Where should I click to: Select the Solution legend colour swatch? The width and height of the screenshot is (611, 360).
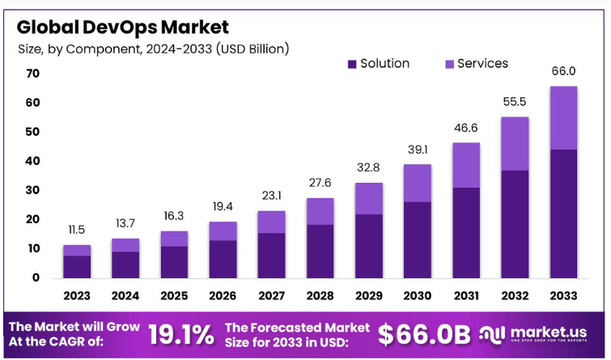352,64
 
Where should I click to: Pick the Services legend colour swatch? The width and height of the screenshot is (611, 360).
449,64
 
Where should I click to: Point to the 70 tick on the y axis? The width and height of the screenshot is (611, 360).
32,74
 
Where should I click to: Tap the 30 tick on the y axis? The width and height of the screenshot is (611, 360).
32,190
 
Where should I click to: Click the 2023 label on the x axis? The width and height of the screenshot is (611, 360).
77,297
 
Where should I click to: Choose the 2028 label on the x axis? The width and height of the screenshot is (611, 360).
320,297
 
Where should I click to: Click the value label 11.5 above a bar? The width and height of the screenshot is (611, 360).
77,231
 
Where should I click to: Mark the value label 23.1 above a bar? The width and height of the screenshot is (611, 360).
271,197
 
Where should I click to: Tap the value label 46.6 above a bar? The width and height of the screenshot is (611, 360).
465,128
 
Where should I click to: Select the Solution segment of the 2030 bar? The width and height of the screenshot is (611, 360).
417,239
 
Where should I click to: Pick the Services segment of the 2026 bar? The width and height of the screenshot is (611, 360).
223,231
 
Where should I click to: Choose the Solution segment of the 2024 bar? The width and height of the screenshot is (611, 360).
125,265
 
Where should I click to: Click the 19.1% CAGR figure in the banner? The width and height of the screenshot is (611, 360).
181,333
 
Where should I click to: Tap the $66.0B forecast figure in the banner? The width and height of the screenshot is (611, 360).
424,333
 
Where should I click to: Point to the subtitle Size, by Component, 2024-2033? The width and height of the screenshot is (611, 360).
154,49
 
